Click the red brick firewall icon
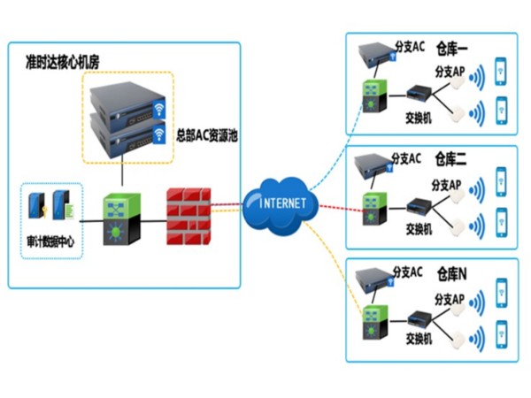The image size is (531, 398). point(189,216)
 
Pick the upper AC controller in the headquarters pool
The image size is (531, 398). point(129,102)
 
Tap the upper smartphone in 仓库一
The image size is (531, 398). point(501,70)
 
